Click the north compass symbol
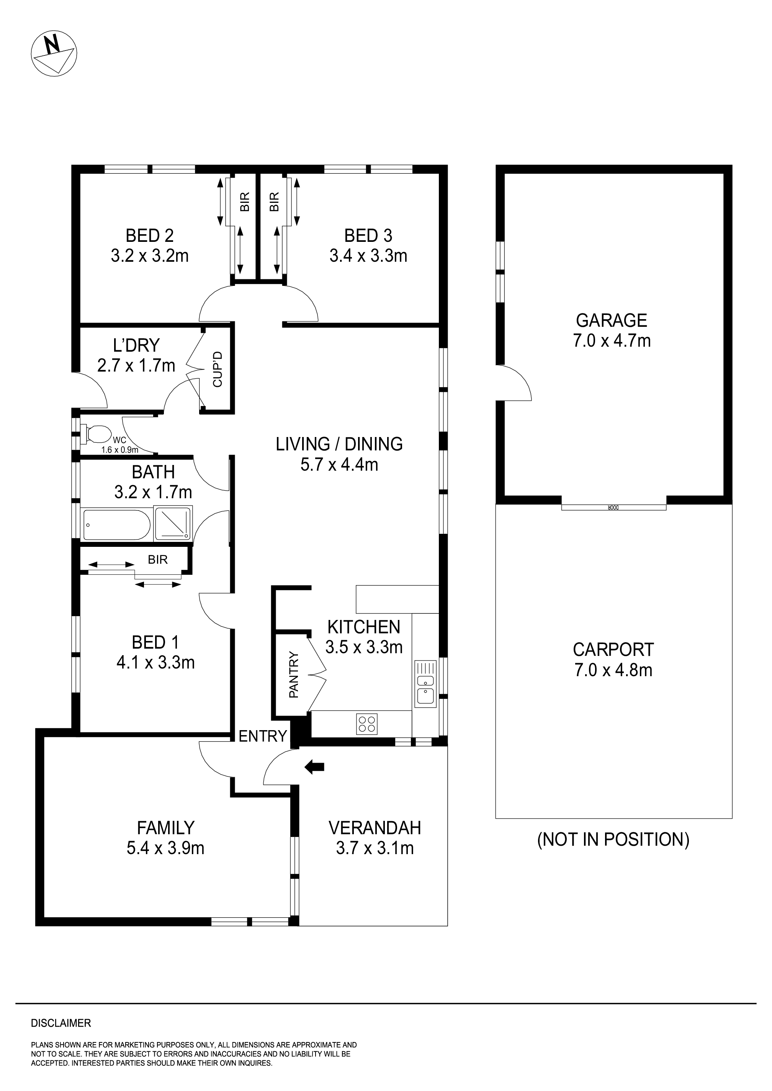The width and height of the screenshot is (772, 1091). pyautogui.click(x=54, y=53)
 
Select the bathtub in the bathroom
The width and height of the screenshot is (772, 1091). pyautogui.click(x=116, y=525)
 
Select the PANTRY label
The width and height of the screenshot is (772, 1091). pyautogui.click(x=294, y=675)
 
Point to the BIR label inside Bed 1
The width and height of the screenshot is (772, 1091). pyautogui.click(x=157, y=559)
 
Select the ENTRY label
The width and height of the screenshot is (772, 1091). pyautogui.click(x=262, y=736)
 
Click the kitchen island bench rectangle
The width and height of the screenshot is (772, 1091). pyautogui.click(x=397, y=599)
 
